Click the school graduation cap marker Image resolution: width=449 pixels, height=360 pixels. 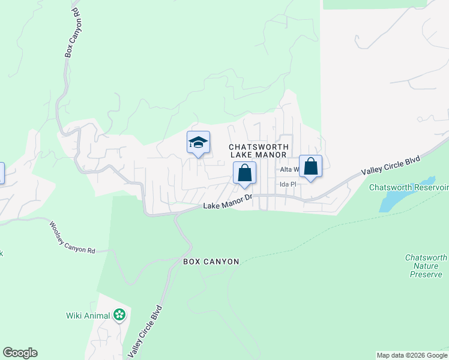199,143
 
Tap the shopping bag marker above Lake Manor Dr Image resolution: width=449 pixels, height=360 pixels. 244,173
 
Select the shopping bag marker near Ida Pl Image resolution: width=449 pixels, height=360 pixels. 310,166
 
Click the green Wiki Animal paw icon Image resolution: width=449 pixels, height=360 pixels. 119,315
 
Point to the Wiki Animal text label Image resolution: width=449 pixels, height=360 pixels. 88,316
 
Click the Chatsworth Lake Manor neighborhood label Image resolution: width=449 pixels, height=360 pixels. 259,151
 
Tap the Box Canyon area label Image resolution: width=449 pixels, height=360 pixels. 211,262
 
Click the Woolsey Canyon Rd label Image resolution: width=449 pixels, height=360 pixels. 72,237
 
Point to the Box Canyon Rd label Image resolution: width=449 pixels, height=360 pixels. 73,32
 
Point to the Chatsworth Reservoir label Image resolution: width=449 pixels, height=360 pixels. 408,187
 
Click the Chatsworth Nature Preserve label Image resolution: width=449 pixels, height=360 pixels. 426,266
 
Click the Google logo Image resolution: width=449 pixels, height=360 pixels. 20,353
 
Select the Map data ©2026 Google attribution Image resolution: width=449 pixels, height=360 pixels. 412,355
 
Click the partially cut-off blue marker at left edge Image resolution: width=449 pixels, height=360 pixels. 1,173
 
